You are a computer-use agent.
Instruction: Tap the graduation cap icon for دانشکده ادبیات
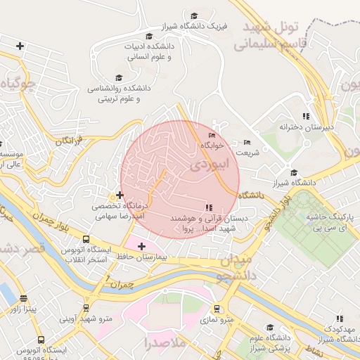tap(148, 36)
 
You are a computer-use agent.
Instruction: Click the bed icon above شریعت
tap(246, 142)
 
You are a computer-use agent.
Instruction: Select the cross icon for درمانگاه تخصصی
tap(120, 195)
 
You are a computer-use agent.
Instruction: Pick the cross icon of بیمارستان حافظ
tap(143, 246)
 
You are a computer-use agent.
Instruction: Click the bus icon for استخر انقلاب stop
tap(86, 240)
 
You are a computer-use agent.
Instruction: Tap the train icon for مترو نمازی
tap(217, 309)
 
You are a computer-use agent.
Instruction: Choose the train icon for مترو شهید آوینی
tap(86, 307)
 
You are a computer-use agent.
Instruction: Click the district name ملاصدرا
tap(165, 344)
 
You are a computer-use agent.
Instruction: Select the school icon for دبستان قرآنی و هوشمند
tap(207, 207)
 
